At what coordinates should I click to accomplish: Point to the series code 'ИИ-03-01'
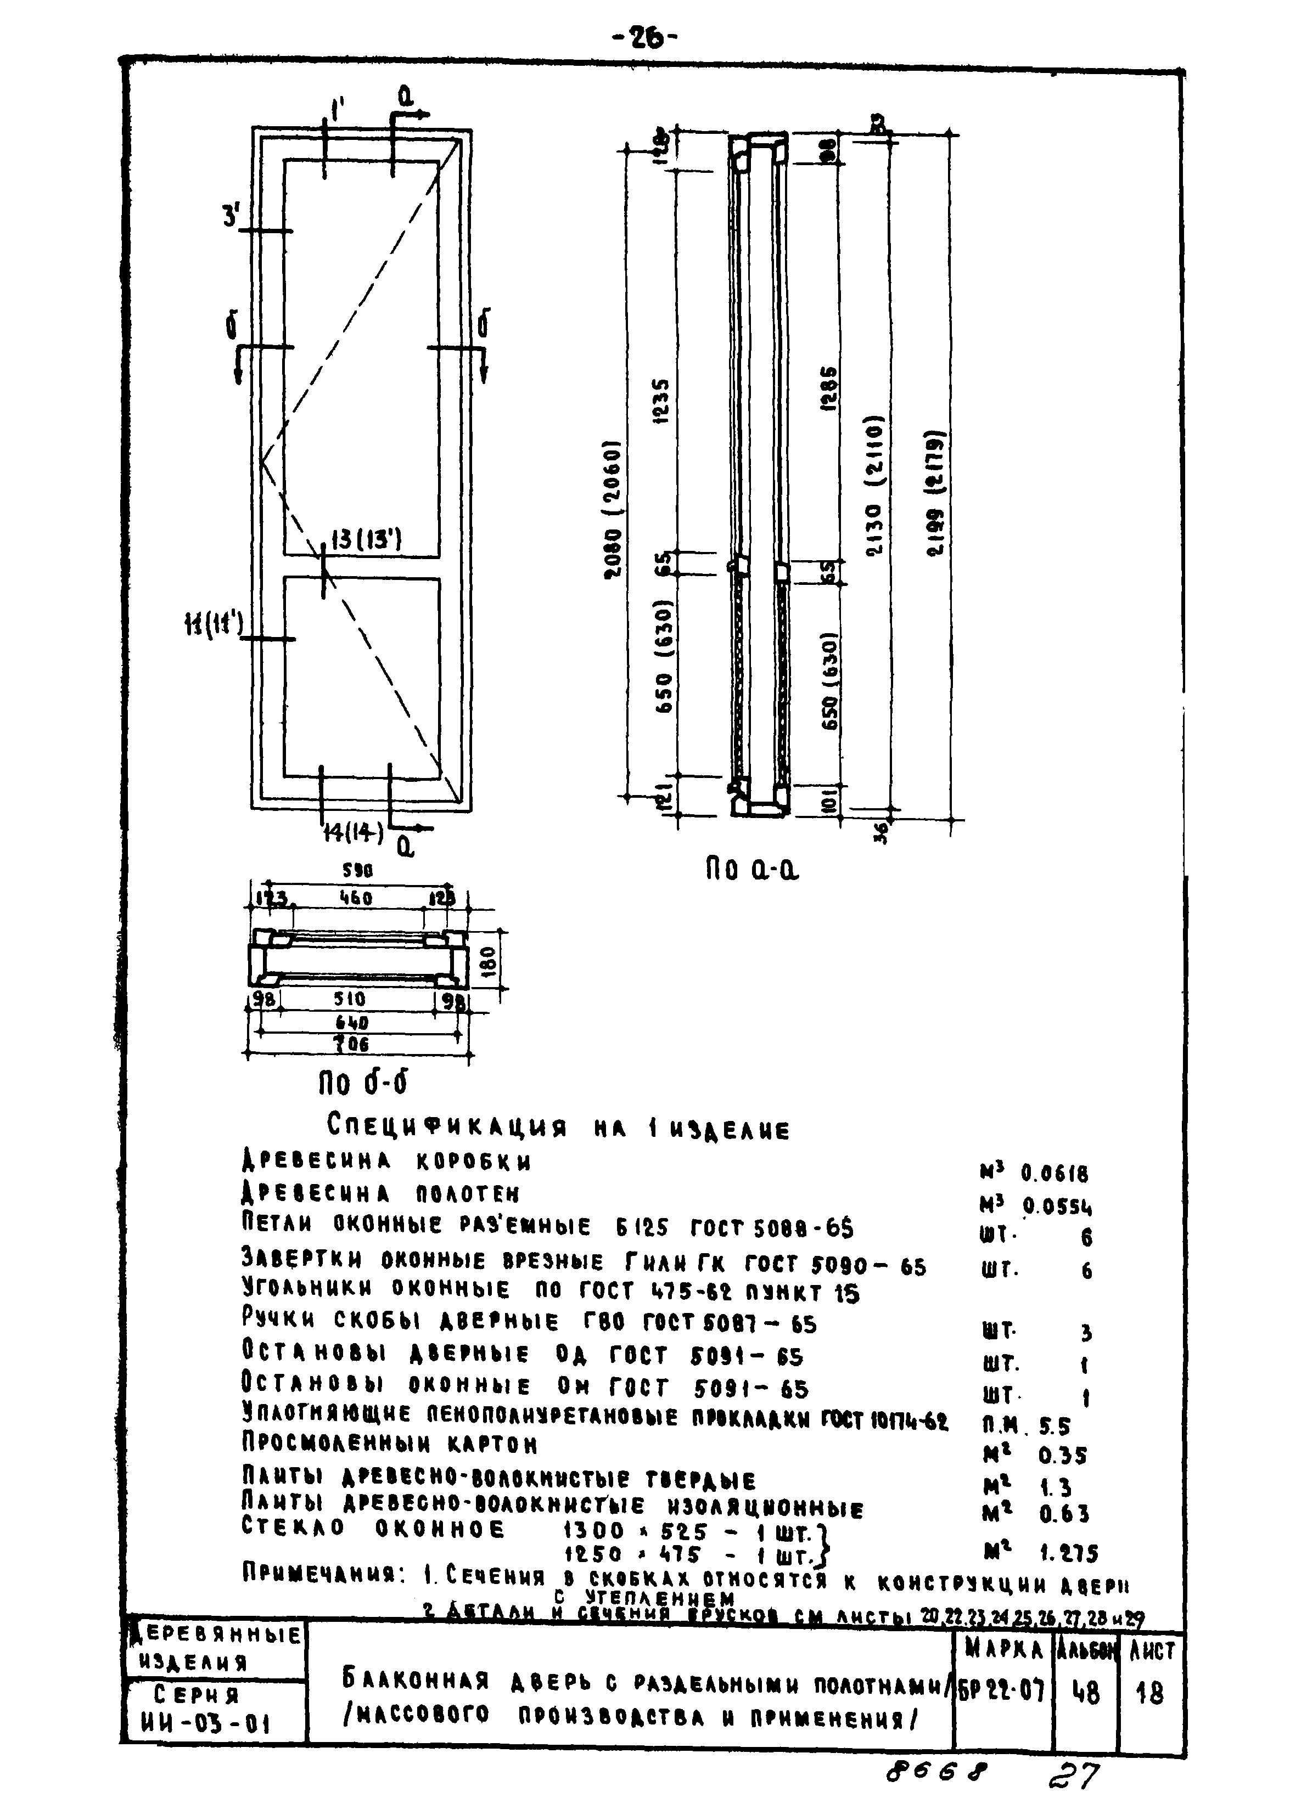(x=211, y=1724)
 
